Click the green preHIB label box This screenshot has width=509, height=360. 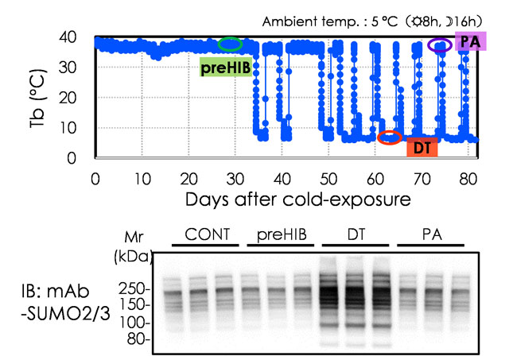[x=225, y=68]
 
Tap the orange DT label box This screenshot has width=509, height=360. [x=418, y=147]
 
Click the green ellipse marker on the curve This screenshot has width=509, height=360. [x=231, y=45]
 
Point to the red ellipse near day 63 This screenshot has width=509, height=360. [x=389, y=137]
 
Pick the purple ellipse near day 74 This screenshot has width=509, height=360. [x=440, y=45]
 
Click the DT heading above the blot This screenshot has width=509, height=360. [x=356, y=236]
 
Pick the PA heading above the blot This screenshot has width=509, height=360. [x=433, y=236]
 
